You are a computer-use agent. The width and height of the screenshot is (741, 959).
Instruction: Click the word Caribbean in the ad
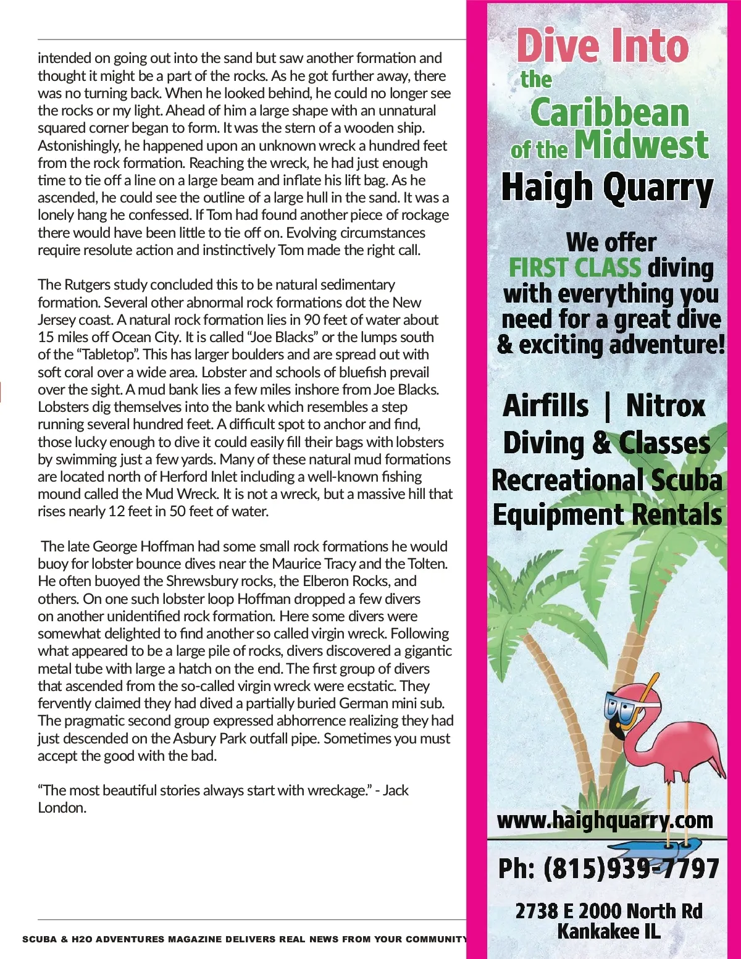609,113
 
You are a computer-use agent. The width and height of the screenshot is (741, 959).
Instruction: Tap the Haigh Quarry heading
607,188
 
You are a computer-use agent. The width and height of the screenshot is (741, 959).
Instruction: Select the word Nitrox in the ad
665,406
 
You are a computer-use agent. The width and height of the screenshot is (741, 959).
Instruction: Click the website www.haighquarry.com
605,820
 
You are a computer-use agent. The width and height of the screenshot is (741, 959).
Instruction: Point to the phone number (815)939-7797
631,868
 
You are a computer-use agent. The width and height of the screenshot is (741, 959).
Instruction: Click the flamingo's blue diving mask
620,709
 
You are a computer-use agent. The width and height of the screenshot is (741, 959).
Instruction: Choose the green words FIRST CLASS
575,268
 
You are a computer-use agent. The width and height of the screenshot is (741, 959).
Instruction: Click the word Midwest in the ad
641,144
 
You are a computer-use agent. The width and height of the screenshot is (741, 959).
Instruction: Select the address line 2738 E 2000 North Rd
609,911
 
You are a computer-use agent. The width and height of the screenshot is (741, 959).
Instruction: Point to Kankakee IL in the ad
609,931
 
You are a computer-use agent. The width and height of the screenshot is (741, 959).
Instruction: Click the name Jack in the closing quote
396,790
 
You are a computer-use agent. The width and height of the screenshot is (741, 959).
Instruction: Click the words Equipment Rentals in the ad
607,515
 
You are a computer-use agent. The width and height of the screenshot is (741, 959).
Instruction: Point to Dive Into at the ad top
602,46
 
